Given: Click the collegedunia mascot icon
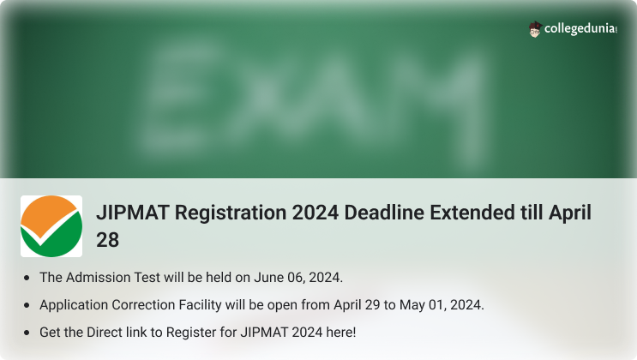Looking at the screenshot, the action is point(536,29).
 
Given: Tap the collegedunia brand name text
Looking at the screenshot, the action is point(580,29).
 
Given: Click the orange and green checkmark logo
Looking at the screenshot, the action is point(51,226).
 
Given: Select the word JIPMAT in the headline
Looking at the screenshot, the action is point(132,213).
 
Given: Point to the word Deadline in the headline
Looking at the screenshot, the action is point(384,213).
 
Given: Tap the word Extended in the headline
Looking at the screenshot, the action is point(472,213).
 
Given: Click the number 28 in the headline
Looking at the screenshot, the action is point(108,240).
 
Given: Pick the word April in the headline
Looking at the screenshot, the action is point(570,213).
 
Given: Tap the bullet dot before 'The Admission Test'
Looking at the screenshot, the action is point(27,278).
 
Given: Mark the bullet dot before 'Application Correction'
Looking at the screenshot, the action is point(27,305).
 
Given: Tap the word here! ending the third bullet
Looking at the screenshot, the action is point(341,333).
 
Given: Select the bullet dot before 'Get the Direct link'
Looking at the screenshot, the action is point(27,333).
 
